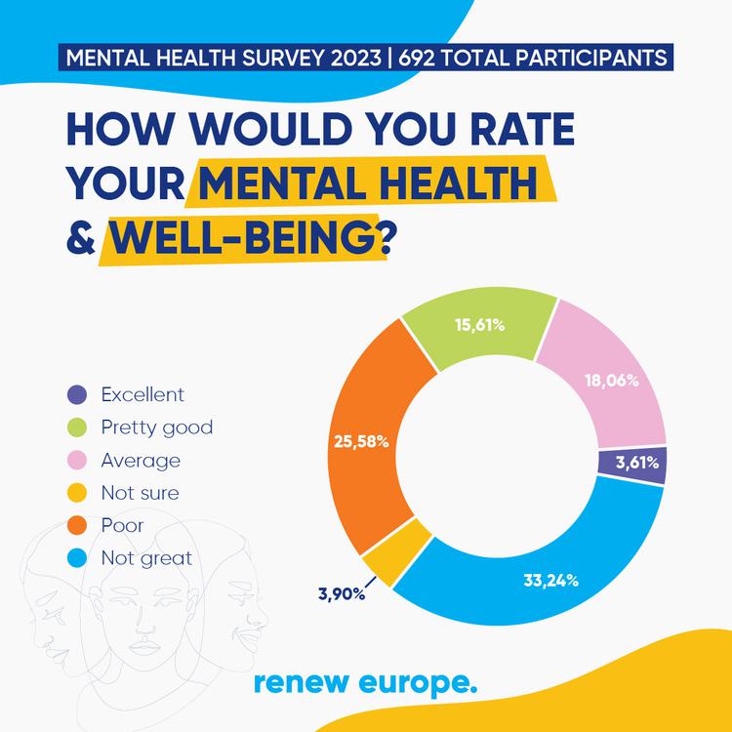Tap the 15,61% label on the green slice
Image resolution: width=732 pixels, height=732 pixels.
tap(479, 325)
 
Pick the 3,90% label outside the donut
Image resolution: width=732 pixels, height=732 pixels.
tap(341, 593)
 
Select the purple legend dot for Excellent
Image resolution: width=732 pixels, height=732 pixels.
tap(79, 394)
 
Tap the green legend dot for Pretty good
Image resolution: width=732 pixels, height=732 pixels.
tap(79, 427)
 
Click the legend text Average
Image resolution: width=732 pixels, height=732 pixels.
tap(141, 460)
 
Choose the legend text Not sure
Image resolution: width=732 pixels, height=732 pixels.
tap(140, 493)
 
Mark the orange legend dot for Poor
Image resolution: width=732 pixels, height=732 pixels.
tap(79, 526)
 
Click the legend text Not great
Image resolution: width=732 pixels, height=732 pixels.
tap(146, 558)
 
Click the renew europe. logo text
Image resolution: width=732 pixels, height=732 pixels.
tap(365, 682)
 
